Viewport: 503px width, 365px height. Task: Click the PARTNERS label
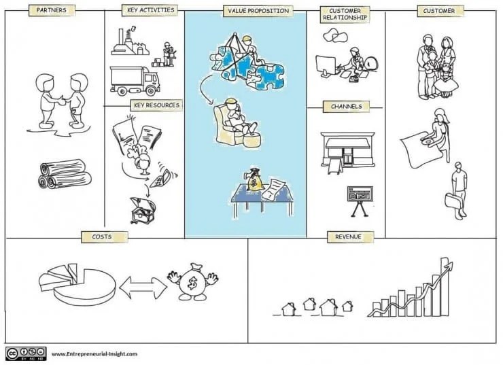tap(52, 10)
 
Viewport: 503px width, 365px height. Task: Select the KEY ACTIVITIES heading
tap(151, 10)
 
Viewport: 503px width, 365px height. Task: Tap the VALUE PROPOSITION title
tap(258, 11)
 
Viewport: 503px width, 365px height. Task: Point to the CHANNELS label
tap(347, 107)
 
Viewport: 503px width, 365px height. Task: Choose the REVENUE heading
tap(349, 237)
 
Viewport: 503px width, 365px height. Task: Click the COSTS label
tap(102, 237)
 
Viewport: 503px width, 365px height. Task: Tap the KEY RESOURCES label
tap(156, 105)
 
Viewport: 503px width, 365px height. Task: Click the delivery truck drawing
tap(135, 81)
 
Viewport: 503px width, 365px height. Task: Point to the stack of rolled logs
tap(65, 173)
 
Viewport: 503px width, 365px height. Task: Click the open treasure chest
tap(143, 210)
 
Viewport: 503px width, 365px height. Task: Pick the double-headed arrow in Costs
tap(143, 288)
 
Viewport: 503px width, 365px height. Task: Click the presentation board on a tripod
tap(360, 201)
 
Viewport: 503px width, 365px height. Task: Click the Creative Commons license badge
tap(26, 353)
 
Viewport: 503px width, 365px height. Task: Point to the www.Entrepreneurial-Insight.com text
tap(94, 354)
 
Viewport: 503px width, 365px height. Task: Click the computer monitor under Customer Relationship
tap(326, 66)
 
